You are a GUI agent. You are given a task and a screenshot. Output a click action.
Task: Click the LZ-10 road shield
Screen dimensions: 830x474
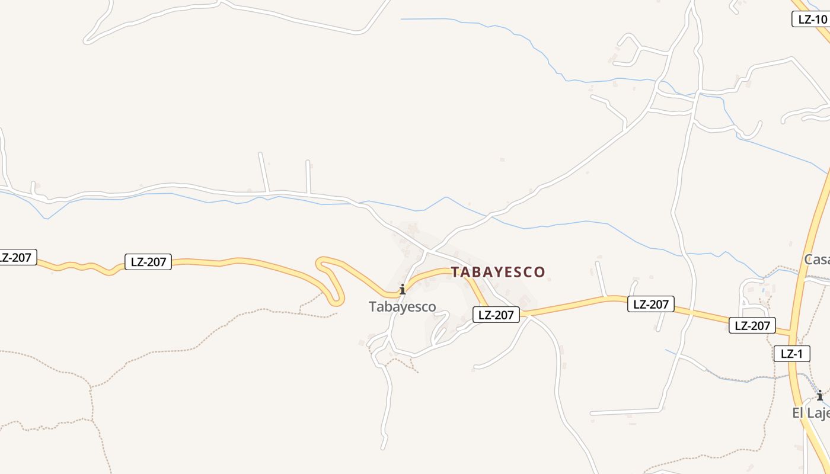click(x=810, y=19)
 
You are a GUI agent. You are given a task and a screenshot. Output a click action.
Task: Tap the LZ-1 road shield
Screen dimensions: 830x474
click(x=791, y=354)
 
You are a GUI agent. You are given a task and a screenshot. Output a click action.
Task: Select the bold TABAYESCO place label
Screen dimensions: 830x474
click(x=497, y=273)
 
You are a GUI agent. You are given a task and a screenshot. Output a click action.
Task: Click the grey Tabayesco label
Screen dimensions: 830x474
click(x=402, y=307)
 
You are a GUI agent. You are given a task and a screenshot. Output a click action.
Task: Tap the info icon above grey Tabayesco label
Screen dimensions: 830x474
click(x=403, y=289)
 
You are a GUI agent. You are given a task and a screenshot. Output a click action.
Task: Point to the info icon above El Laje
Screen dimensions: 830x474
click(x=820, y=395)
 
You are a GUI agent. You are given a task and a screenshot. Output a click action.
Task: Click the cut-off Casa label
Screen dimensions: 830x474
click(x=817, y=260)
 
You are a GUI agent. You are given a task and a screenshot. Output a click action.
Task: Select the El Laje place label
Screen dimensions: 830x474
click(x=810, y=413)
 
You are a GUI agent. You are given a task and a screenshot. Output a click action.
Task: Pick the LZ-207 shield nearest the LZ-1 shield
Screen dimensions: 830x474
click(x=752, y=325)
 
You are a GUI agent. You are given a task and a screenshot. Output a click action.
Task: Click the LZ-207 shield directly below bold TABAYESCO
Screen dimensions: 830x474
click(x=496, y=315)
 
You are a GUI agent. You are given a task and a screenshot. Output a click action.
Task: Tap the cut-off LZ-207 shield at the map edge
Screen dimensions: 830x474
click(x=17, y=257)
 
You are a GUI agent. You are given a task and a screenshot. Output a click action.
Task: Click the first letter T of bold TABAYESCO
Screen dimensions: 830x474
click(x=455, y=273)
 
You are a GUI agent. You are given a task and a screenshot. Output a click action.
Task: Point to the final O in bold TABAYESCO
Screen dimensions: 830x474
click(x=539, y=273)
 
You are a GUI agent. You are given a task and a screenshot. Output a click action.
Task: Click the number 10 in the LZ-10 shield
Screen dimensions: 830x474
click(x=820, y=19)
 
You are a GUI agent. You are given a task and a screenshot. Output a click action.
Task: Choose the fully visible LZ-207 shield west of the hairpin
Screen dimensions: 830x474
click(x=148, y=262)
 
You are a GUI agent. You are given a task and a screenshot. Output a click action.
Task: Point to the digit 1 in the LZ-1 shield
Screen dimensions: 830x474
click(x=800, y=354)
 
